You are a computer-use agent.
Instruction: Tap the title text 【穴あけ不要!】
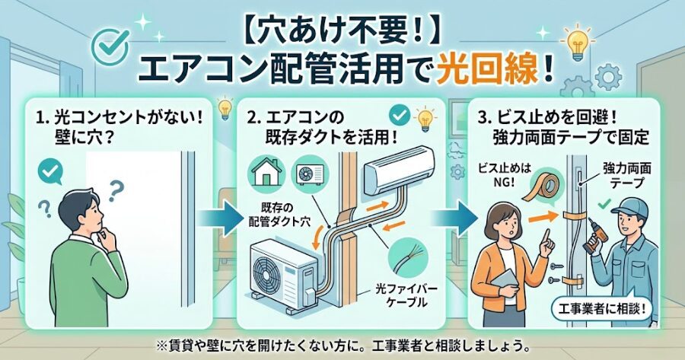(x=342, y=29)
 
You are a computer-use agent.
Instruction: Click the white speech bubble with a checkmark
(x=51, y=172)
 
